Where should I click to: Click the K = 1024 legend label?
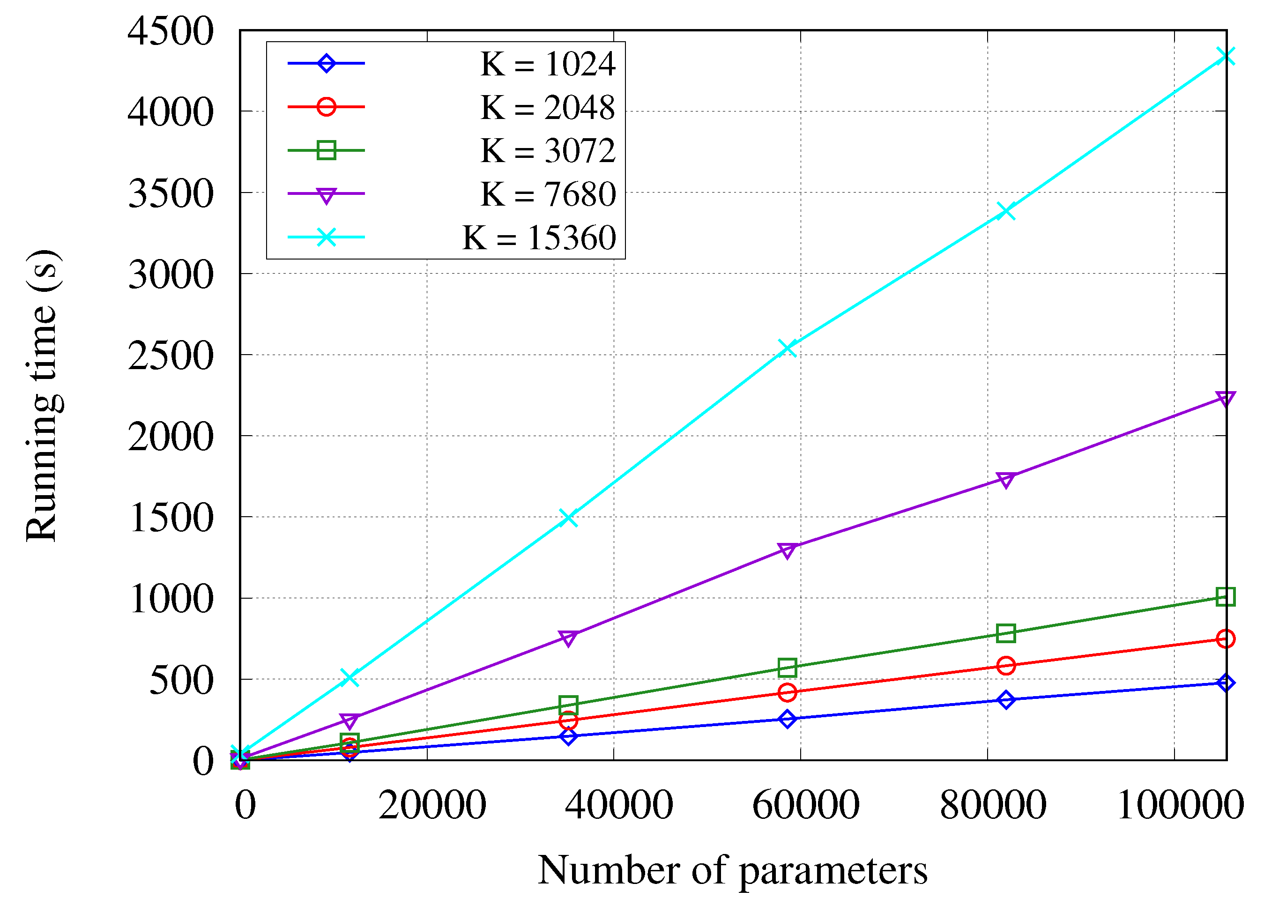tap(548, 64)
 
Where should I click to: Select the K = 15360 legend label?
tap(539, 238)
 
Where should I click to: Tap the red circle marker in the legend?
tap(326, 106)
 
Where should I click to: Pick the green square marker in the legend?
tap(326, 150)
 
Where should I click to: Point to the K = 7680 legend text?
tap(548, 194)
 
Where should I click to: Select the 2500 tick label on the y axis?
tap(171, 356)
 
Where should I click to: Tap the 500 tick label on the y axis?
tap(181, 681)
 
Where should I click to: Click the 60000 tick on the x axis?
tap(806, 805)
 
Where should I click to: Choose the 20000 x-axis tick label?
tap(432, 805)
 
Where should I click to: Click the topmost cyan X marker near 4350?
tap(1226, 56)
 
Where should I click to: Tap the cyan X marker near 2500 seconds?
tap(787, 349)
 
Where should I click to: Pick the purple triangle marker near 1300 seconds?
tap(787, 550)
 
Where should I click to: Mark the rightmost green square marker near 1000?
tap(1226, 597)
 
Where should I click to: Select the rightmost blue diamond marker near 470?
tap(1226, 683)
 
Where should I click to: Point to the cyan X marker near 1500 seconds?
tap(568, 518)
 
